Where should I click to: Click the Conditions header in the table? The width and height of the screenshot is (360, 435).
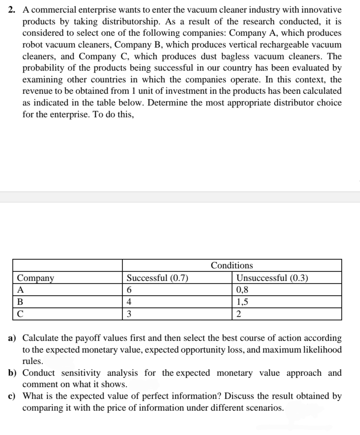pos(232,265)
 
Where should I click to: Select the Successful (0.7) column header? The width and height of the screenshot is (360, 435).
pos(157,278)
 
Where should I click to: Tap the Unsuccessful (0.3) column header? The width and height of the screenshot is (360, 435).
pos(272,278)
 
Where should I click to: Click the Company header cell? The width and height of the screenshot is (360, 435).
pos(36,278)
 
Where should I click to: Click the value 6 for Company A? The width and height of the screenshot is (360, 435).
pos(129,290)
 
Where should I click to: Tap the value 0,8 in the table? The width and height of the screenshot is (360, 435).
pos(242,290)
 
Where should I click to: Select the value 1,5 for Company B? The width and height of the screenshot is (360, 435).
pos(242,302)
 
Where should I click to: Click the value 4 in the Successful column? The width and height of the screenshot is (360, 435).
pos(129,302)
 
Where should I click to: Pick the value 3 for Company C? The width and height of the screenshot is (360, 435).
pos(129,314)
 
